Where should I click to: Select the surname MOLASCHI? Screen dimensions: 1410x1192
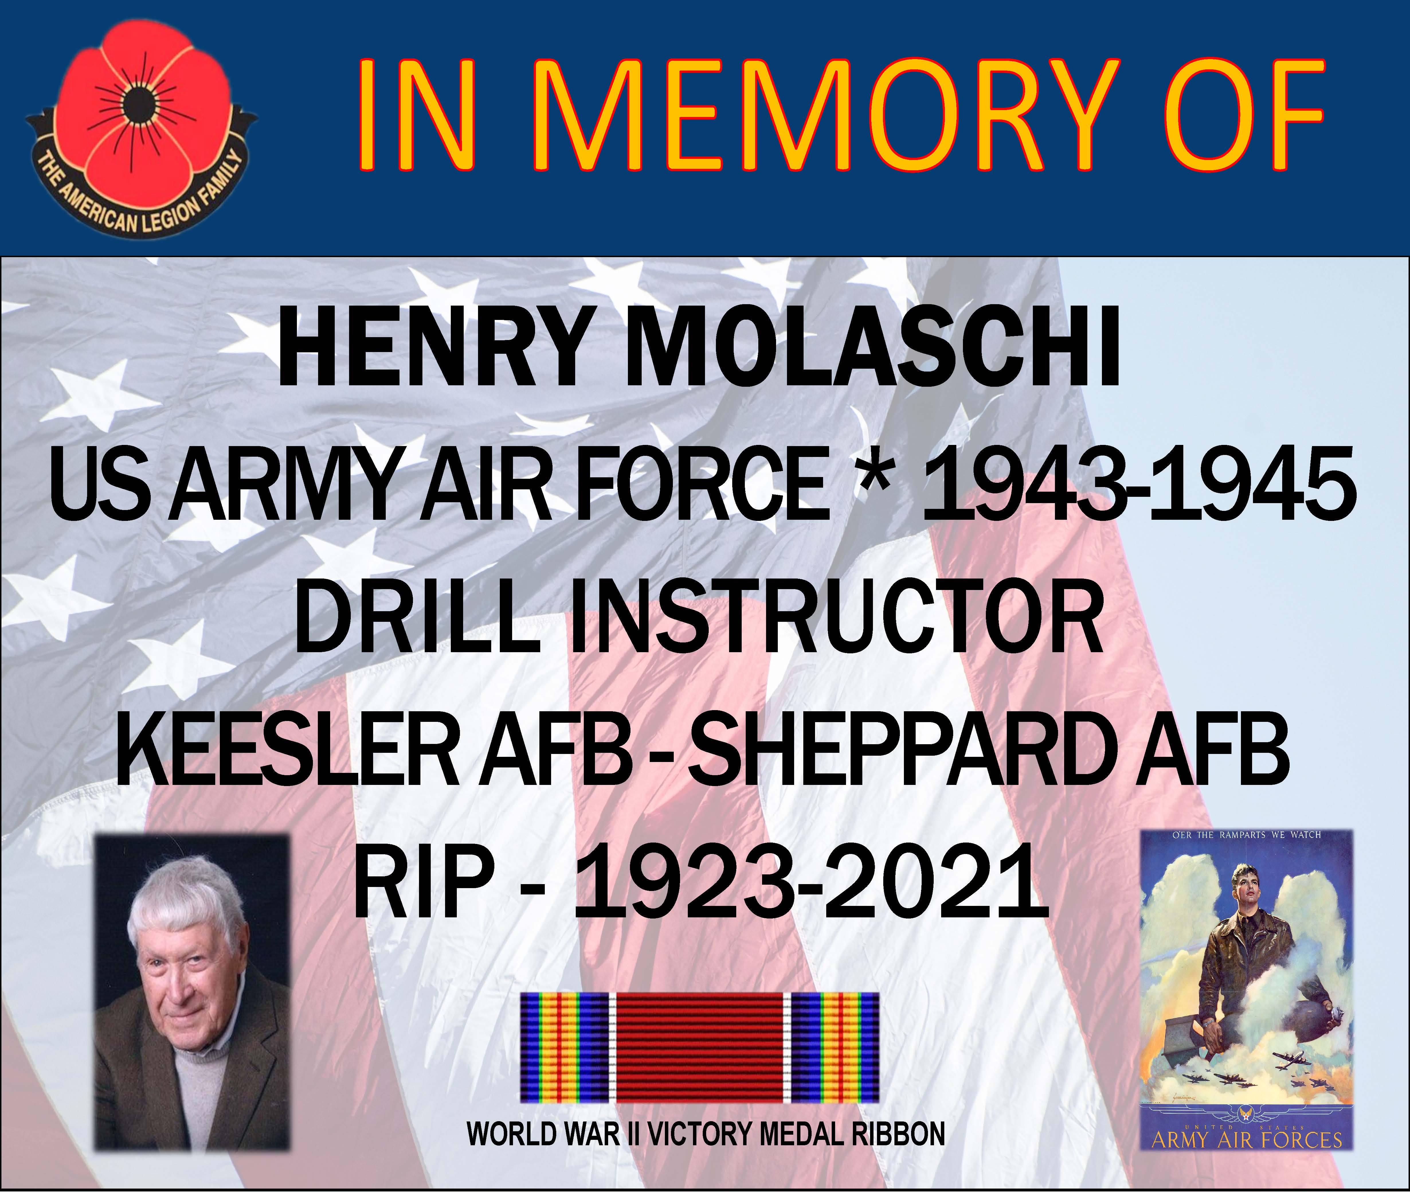872,353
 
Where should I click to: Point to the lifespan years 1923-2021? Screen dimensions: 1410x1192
807,878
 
